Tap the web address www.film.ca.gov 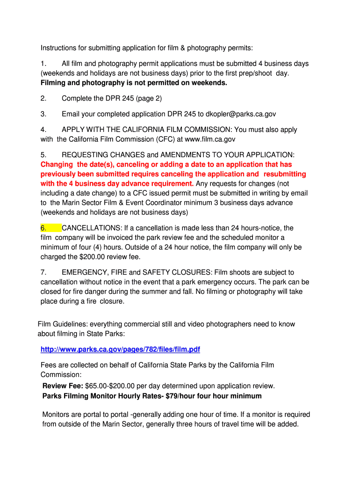(x=210, y=139)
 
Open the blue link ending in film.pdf (x=120, y=349)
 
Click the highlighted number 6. (x=43, y=228)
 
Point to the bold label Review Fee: (x=63, y=386)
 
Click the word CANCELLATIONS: (x=92, y=228)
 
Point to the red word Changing (x=57, y=164)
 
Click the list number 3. (x=43, y=114)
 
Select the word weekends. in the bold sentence (x=210, y=83)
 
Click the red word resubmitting (x=282, y=174)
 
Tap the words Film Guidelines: (x=63, y=324)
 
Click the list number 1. (x=43, y=63)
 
